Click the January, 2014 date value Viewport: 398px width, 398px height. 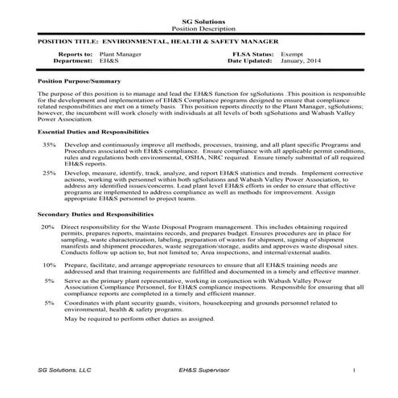click(x=302, y=60)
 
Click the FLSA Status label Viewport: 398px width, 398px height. click(x=252, y=53)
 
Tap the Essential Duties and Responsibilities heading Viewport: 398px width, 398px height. click(x=93, y=130)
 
